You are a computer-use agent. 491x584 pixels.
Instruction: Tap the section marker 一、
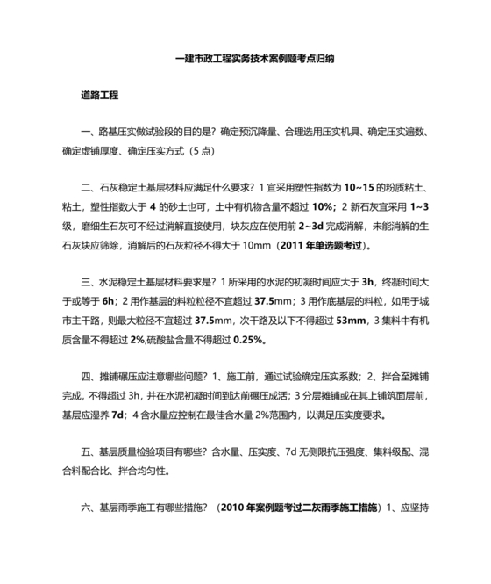[x=88, y=132]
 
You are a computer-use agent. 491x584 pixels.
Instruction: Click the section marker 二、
[x=88, y=187]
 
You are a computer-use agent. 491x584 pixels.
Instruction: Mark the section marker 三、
[x=88, y=283]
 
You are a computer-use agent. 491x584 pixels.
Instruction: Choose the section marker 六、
[x=88, y=509]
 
